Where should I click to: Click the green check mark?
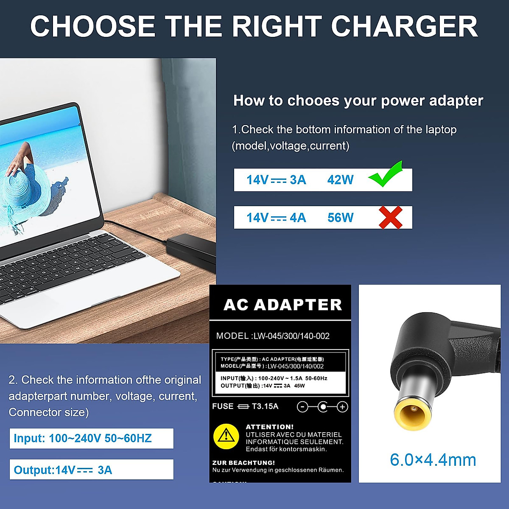coord(385,175)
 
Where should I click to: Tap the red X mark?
coord(390,218)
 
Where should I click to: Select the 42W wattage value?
coord(340,180)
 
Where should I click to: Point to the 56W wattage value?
coord(340,218)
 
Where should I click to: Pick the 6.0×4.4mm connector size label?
coord(433,460)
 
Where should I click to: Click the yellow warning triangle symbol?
coord(226,436)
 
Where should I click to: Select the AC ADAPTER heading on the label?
coord(282,305)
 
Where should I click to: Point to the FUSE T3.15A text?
coord(245,406)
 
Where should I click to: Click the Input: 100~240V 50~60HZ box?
coord(91,438)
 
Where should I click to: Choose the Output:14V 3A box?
coord(91,470)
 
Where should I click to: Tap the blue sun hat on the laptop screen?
coord(25,182)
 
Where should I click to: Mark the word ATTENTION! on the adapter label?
coord(269,427)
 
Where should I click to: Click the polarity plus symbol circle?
coord(342,407)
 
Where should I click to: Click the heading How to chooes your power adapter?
coord(358,101)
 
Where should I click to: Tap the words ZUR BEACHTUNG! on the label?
coord(243,463)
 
